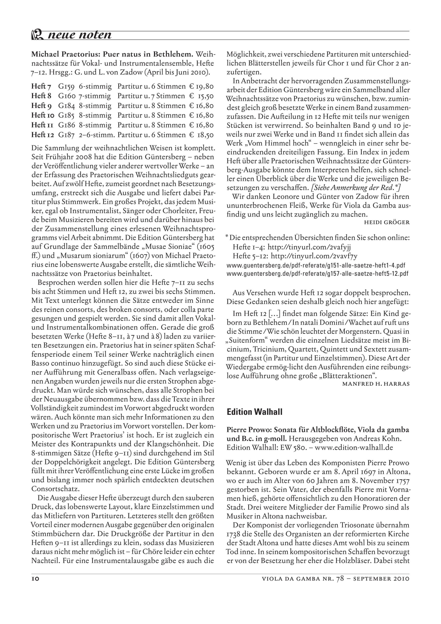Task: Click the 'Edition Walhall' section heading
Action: [254, 412]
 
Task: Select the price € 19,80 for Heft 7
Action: [201, 87]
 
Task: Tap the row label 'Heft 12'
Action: [43, 135]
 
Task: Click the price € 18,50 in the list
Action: [201, 135]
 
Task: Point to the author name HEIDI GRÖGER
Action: [387, 223]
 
